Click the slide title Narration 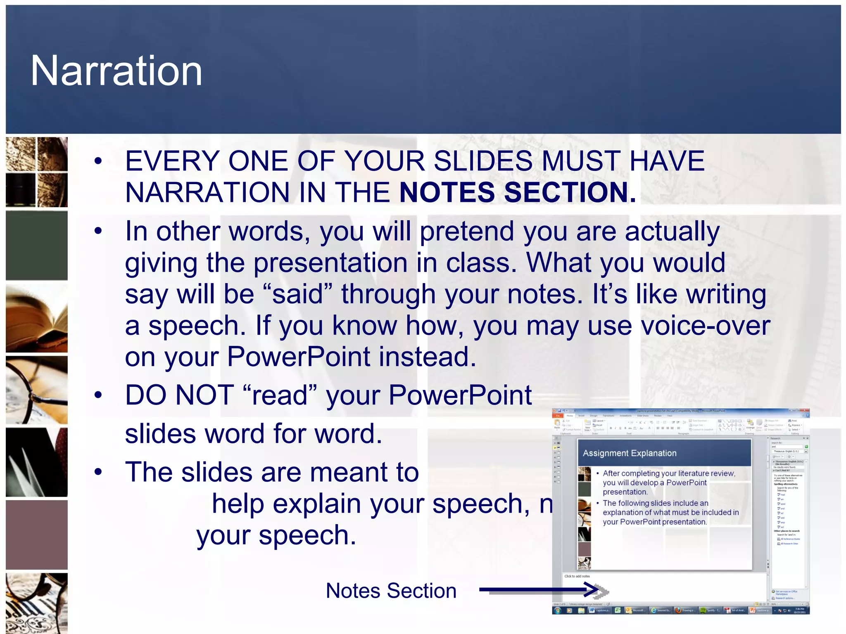[x=116, y=71]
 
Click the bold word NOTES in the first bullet [x=447, y=192]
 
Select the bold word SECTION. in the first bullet [x=570, y=192]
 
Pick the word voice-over [x=705, y=326]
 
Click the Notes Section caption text [x=391, y=591]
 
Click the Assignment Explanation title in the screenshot [x=630, y=453]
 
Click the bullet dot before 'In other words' [x=98, y=231]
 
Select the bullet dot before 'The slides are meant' [x=98, y=472]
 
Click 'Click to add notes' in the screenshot [x=577, y=576]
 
